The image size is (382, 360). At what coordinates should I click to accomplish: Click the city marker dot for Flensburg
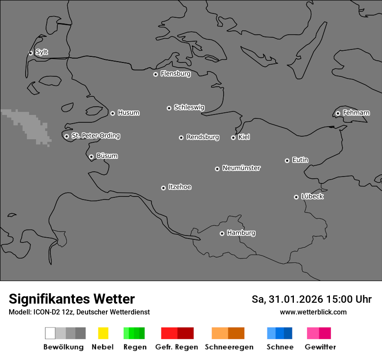tap(155, 74)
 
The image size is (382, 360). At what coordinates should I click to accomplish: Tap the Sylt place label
tap(42, 52)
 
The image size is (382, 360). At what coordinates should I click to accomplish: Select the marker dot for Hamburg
tap(222, 233)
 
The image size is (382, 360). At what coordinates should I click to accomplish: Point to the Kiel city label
tap(244, 137)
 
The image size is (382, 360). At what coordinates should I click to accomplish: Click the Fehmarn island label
tap(356, 113)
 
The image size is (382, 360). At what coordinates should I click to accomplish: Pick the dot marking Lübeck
tap(296, 197)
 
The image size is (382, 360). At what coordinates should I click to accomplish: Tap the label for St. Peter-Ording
tap(95, 136)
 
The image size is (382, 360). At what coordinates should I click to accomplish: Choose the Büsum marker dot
tap(91, 157)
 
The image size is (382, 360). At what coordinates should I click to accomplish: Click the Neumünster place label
tap(241, 168)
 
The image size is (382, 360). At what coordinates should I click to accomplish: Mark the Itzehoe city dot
tap(163, 188)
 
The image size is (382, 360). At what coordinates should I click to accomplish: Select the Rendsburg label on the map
tap(203, 137)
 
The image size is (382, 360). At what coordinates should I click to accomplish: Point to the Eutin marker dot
tap(287, 160)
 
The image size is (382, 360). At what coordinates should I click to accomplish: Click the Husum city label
tap(128, 113)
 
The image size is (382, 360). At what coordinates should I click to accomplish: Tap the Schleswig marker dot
tap(169, 108)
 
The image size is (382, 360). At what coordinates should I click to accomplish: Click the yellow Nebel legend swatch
tap(103, 333)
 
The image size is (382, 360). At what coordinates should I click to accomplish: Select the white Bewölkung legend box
tap(50, 333)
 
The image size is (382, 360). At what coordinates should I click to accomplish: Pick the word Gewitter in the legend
tap(320, 347)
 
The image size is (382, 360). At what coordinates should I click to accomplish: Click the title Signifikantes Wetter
tap(72, 299)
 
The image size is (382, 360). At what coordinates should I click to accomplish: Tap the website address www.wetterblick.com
tap(313, 312)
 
